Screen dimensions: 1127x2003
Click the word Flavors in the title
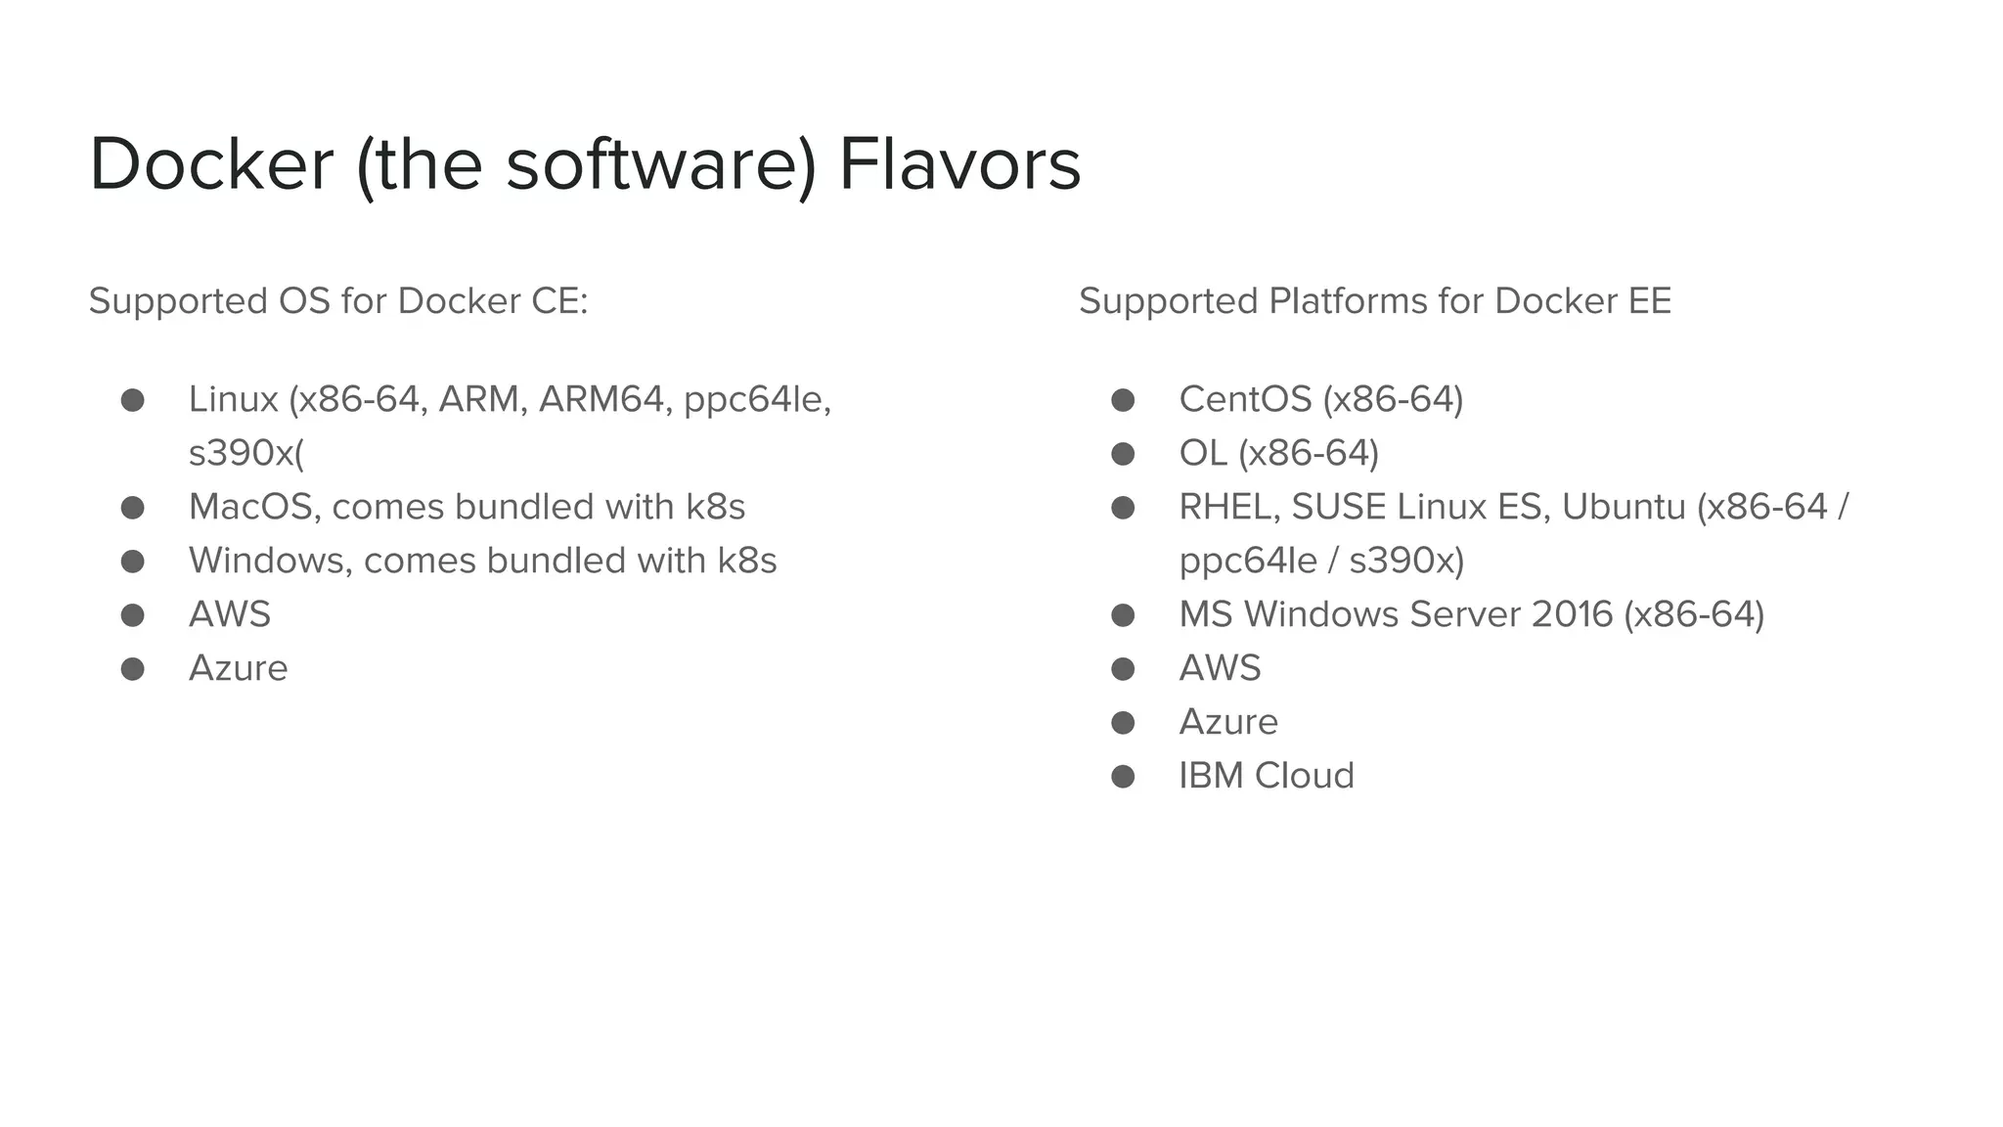pos(959,164)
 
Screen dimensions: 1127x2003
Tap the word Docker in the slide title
pos(211,164)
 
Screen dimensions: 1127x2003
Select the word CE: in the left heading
pos(559,301)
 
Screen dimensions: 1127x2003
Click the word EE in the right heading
pos(1650,301)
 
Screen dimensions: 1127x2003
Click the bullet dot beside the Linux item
pos(133,400)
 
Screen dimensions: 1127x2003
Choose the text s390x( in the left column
pos(246,454)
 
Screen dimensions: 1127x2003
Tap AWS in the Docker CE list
pos(230,614)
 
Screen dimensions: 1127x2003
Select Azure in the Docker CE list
pos(239,668)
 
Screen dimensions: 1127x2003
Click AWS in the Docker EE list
pos(1220,668)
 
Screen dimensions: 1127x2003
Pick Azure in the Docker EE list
pos(1228,722)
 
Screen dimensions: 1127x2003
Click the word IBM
pos(1211,776)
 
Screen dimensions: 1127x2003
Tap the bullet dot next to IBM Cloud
pos(1123,777)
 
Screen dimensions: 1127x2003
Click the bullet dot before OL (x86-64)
pos(1123,454)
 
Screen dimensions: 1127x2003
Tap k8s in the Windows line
pos(747,561)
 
